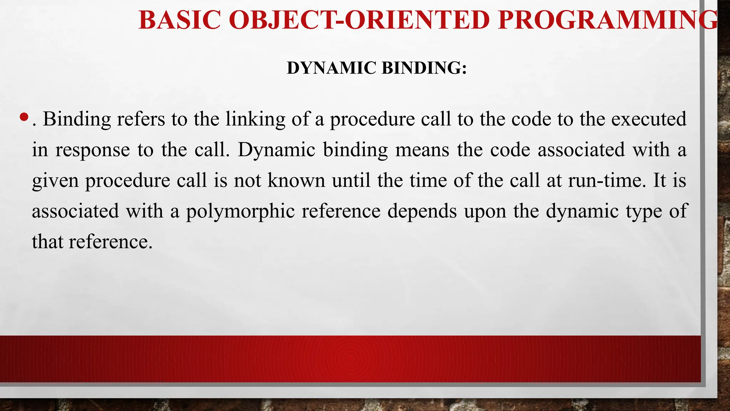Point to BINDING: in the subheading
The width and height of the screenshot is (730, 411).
(x=424, y=68)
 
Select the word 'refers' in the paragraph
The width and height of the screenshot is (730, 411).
(x=141, y=119)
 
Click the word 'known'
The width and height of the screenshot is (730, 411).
(x=296, y=181)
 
